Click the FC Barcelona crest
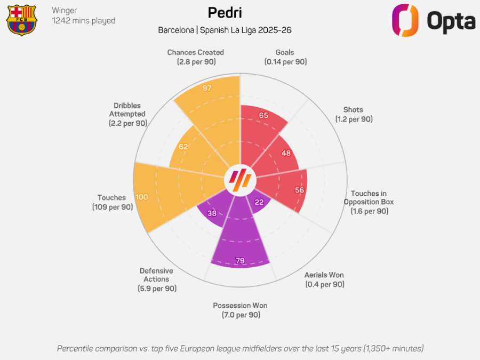point(21,20)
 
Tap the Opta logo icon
point(405,20)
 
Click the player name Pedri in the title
point(225,12)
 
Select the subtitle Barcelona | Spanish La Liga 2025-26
point(225,30)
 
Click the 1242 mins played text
point(83,21)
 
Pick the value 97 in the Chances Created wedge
point(207,88)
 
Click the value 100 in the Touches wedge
point(141,197)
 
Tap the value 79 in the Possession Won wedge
point(240,261)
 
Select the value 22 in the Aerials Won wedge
point(259,202)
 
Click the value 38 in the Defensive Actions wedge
point(212,213)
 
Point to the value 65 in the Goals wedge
point(263,115)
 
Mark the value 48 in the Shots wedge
point(286,153)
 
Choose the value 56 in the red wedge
point(299,190)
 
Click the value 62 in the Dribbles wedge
point(184,147)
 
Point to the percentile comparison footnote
point(240,348)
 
